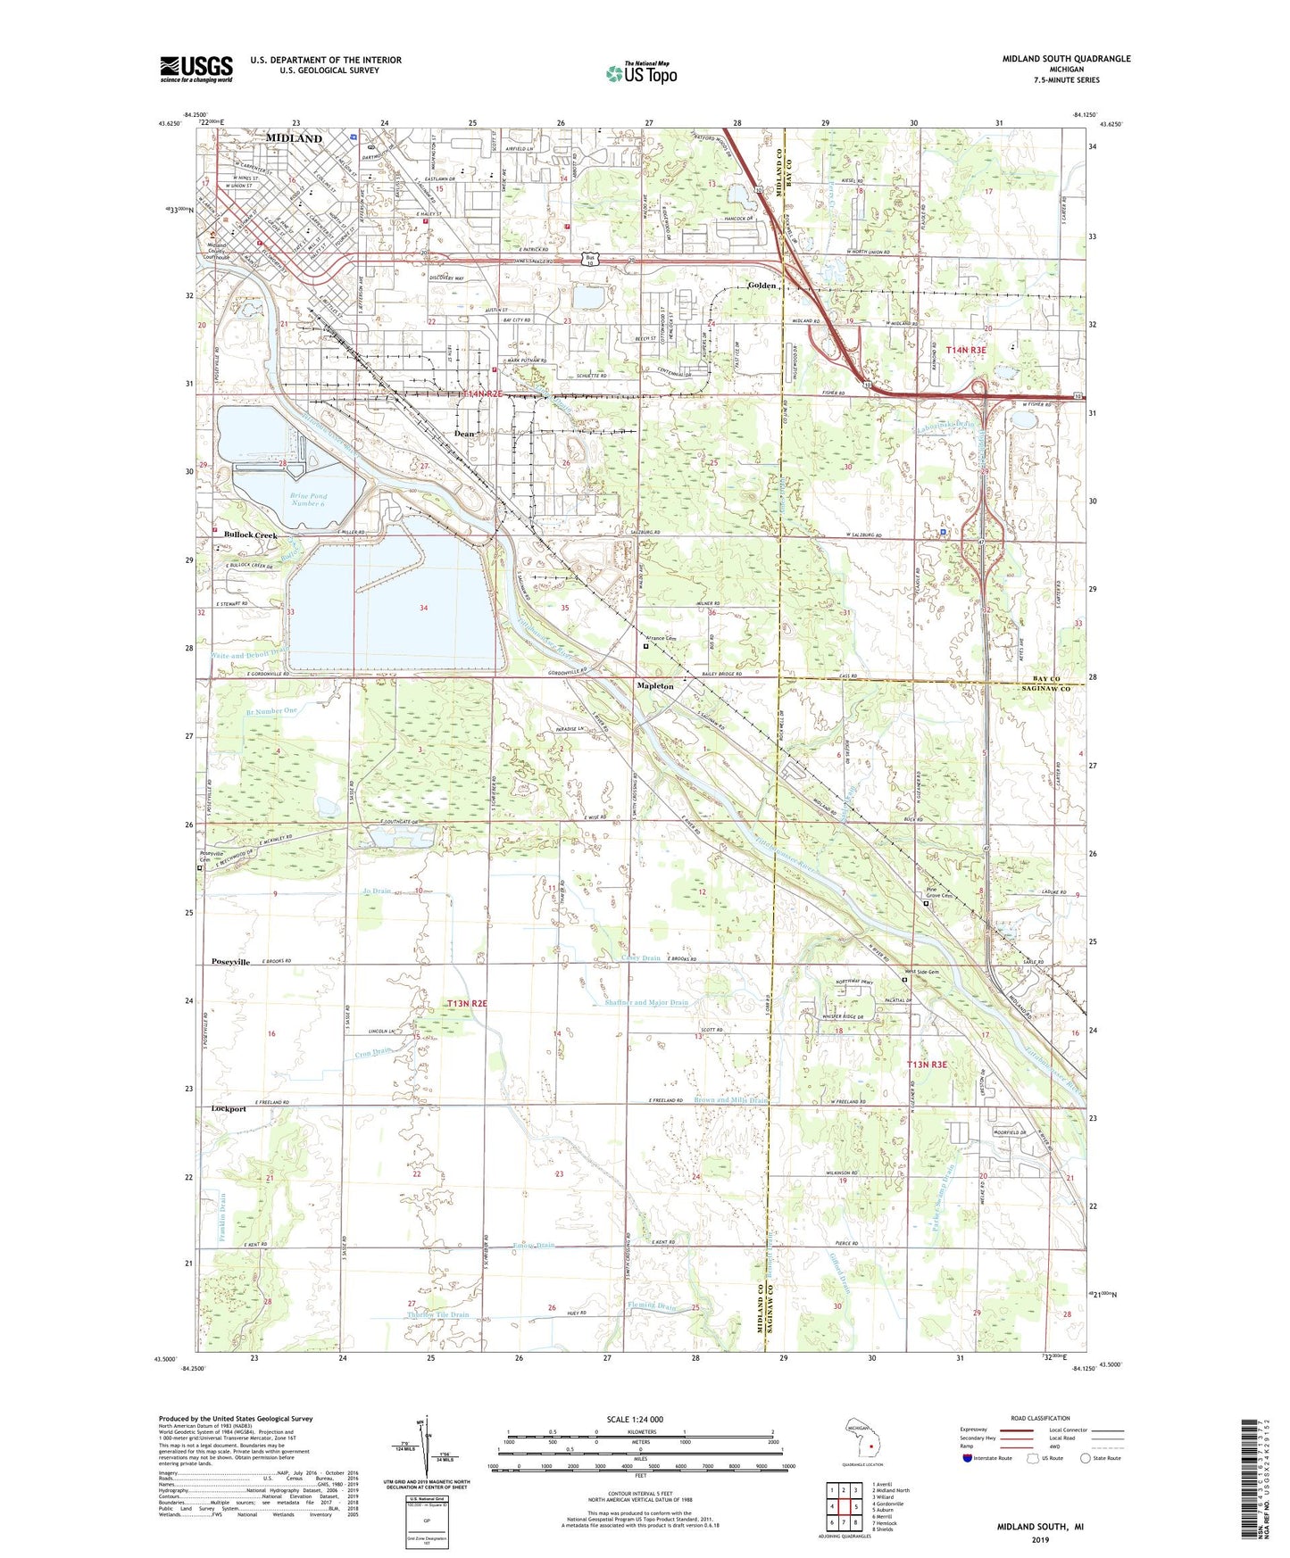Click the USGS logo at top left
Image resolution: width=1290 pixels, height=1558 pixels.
coord(196,69)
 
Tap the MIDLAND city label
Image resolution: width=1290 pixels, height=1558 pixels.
coord(294,139)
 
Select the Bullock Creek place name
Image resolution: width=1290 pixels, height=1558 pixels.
coord(250,535)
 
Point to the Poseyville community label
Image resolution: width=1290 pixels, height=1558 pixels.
coord(230,962)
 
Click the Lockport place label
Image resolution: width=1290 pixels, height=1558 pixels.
coord(229,1109)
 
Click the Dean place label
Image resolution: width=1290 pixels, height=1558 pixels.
coord(464,434)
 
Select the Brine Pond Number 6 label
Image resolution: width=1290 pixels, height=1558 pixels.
coord(309,499)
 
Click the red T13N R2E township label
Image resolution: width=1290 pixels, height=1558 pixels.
coord(467,1004)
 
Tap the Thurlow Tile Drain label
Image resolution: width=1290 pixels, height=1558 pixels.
coord(437,1315)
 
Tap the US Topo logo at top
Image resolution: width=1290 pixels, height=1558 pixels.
coord(641,73)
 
